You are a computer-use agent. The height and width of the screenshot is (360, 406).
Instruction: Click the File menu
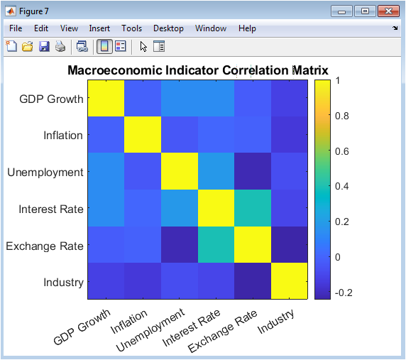tap(16, 28)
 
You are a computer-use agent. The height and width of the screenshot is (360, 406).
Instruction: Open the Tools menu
tap(131, 28)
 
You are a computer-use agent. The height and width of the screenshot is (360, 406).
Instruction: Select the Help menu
tap(247, 28)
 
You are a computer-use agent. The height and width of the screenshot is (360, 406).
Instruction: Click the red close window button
tap(388, 11)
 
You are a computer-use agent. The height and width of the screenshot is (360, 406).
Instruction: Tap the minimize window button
tap(341, 11)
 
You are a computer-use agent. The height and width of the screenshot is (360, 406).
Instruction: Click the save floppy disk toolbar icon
tap(44, 47)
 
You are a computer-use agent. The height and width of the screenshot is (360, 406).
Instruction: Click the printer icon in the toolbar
tap(60, 47)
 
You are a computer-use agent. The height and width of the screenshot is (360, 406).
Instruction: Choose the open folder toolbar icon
tap(28, 47)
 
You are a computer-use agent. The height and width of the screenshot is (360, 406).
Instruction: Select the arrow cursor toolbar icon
tap(143, 47)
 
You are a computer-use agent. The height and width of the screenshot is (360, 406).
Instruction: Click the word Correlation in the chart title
tap(256, 70)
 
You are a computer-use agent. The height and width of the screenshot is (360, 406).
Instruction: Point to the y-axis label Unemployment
tap(45, 173)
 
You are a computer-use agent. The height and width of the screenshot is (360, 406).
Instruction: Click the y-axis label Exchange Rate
tap(45, 246)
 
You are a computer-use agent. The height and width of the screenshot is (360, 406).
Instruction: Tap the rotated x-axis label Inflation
tap(129, 322)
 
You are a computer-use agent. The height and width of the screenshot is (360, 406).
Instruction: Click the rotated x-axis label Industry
tap(275, 321)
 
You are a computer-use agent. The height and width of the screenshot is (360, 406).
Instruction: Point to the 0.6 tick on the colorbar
tap(342, 151)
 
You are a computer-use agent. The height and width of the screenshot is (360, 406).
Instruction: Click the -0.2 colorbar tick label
tap(344, 293)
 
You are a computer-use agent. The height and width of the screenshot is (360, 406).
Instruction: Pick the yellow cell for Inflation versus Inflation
tap(143, 135)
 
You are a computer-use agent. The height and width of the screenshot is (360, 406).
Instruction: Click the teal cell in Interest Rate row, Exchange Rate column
tap(253, 208)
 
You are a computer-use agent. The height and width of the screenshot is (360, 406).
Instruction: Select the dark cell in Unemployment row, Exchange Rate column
tap(253, 171)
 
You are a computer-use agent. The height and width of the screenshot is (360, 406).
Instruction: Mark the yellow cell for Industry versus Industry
tap(289, 281)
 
